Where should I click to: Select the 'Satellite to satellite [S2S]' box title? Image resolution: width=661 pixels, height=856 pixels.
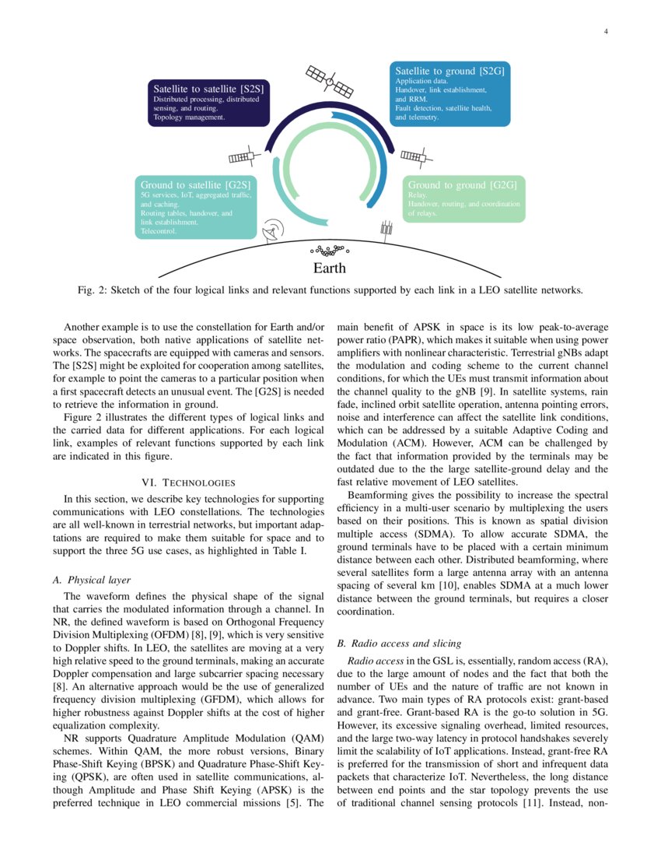click(208, 89)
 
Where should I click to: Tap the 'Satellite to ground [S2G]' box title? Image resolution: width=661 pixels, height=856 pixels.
click(450, 71)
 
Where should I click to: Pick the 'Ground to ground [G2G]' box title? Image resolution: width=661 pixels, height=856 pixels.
click(462, 185)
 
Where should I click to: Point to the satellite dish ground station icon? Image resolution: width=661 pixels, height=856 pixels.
click(274, 230)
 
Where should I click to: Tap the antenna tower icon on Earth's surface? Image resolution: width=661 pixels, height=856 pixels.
click(385, 230)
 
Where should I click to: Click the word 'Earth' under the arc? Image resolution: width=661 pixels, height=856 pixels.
click(329, 268)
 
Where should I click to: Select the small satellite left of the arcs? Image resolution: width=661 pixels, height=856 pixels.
click(242, 156)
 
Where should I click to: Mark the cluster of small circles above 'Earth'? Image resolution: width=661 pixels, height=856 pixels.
click(330, 251)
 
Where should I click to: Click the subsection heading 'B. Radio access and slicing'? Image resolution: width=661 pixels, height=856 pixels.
click(398, 644)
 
